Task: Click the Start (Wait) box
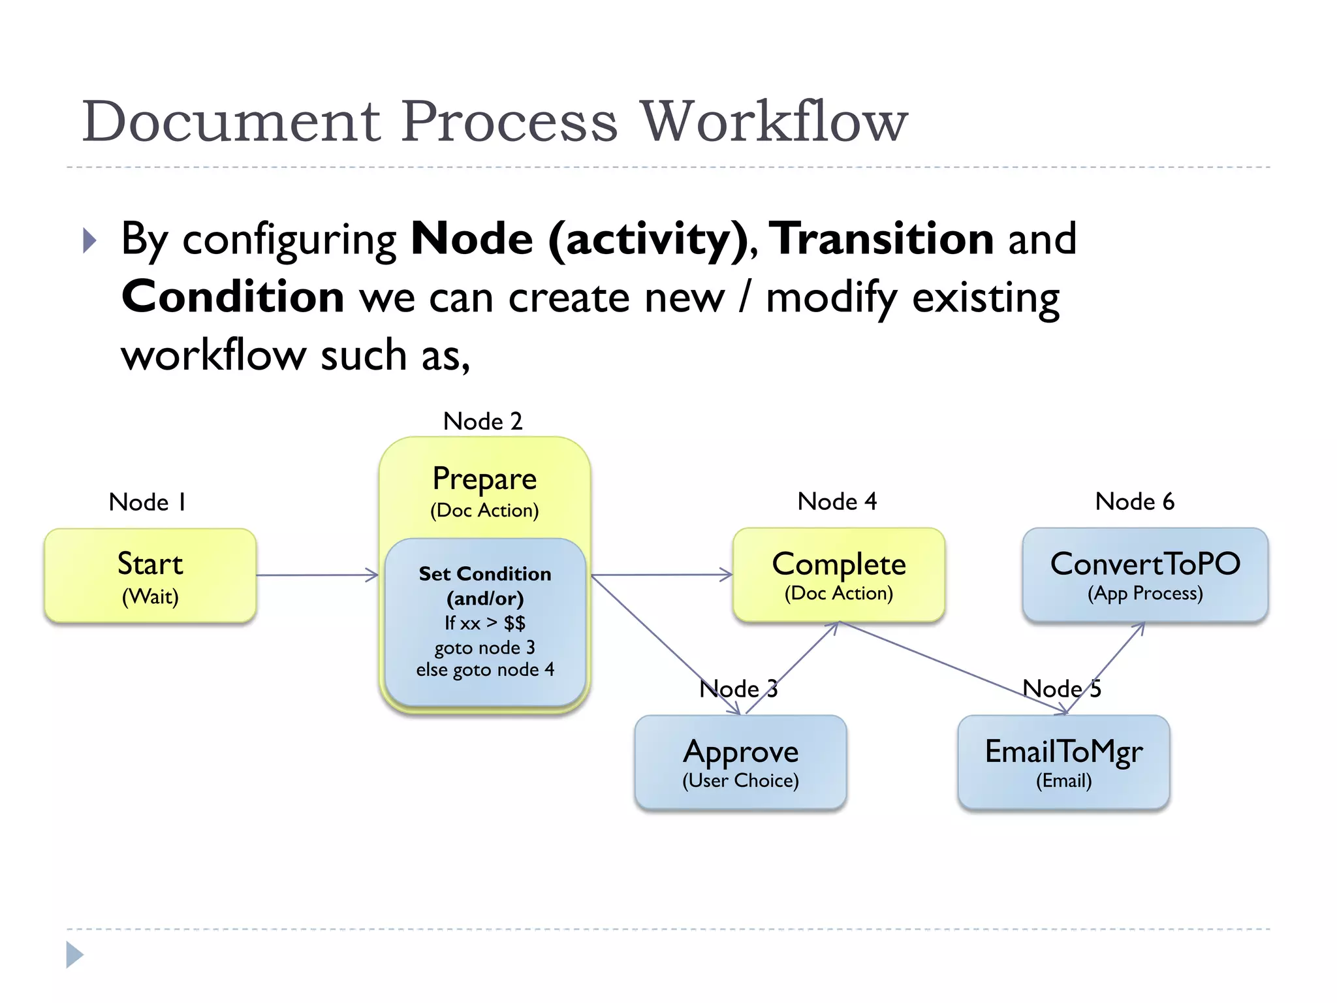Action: (x=150, y=576)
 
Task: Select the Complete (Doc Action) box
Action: (x=839, y=575)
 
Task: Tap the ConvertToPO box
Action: (x=1145, y=575)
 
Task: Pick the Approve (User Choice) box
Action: (x=740, y=763)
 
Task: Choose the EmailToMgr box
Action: (x=1063, y=763)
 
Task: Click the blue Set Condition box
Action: (x=485, y=622)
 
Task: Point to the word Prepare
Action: (x=484, y=479)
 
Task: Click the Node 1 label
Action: (x=148, y=502)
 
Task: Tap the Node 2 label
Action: (x=482, y=421)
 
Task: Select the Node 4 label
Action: (x=837, y=501)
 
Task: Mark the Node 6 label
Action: (x=1135, y=501)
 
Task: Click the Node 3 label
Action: (x=738, y=689)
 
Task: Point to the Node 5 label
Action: (x=1062, y=689)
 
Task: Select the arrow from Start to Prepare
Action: (x=317, y=575)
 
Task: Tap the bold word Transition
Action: (x=881, y=238)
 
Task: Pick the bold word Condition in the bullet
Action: (x=233, y=297)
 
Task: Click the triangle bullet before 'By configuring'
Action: (x=90, y=240)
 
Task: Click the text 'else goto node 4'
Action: (x=485, y=670)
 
